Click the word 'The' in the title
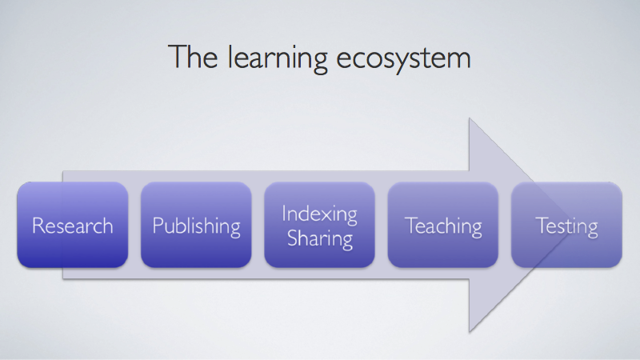click(x=193, y=57)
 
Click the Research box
click(x=73, y=225)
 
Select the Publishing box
click(x=196, y=225)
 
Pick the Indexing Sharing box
click(x=319, y=225)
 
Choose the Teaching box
click(x=443, y=225)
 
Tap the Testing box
click(x=566, y=225)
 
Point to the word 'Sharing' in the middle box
click(x=319, y=239)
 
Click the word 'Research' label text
click(x=73, y=226)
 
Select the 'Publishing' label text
click(x=196, y=227)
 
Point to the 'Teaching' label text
click(x=443, y=227)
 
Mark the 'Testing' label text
click(x=566, y=227)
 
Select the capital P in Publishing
click(x=158, y=226)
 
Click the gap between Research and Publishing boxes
click(x=134, y=225)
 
